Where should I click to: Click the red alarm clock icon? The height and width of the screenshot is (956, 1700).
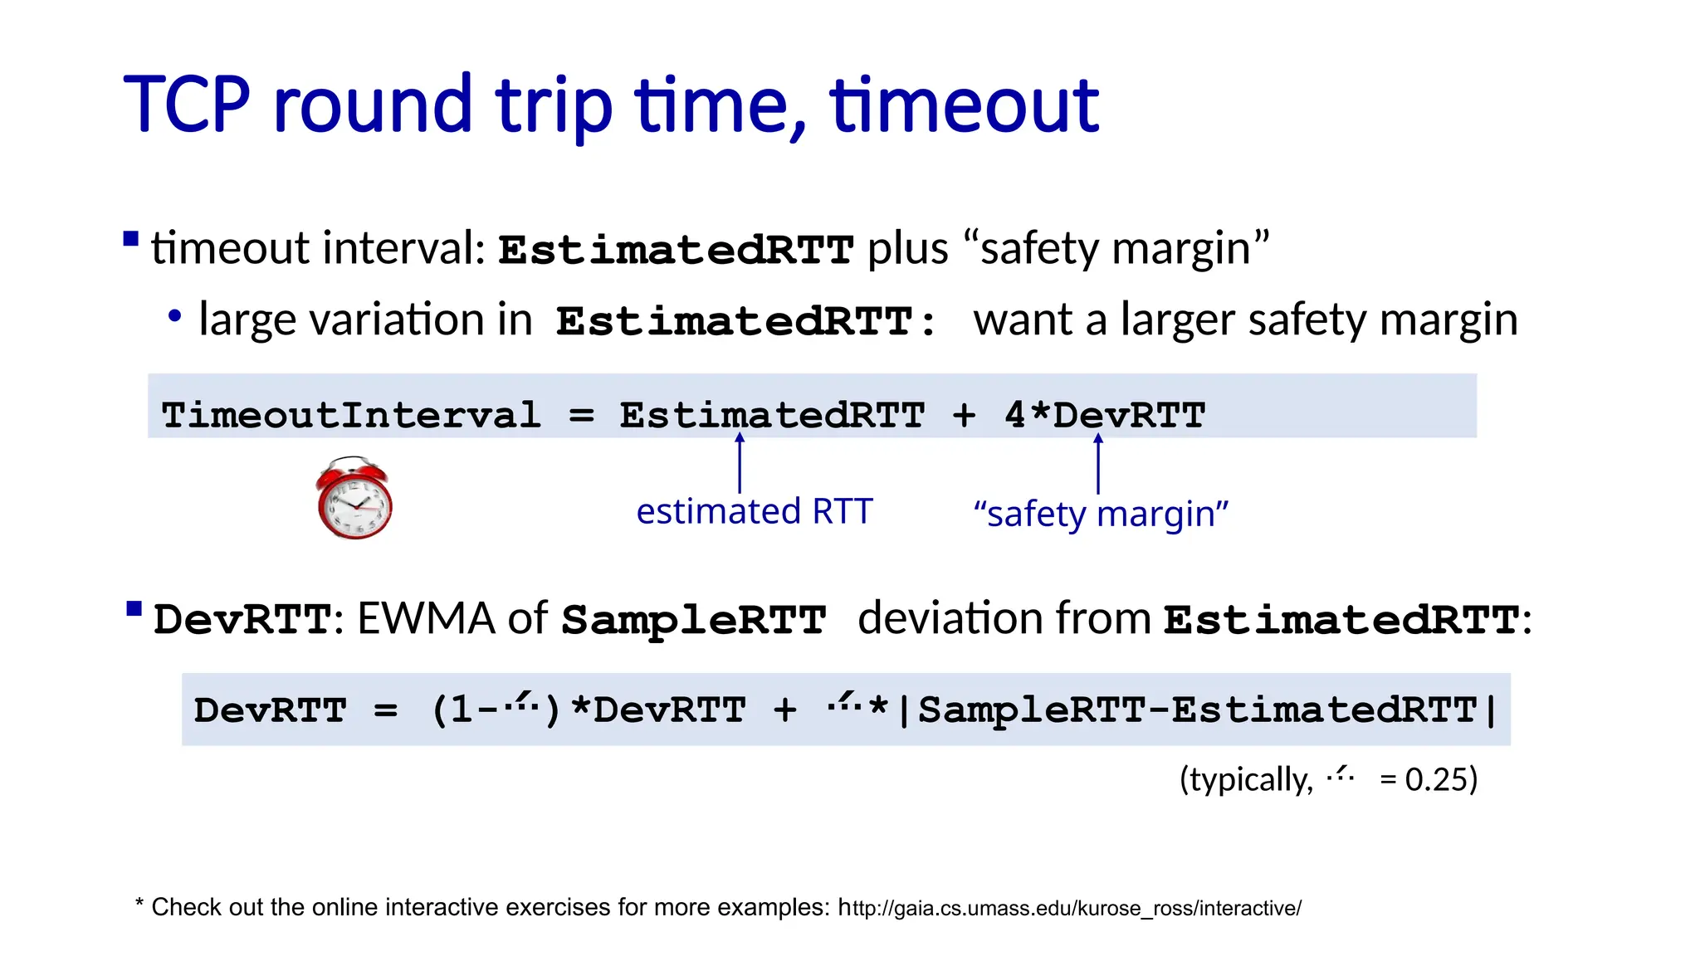tap(354, 499)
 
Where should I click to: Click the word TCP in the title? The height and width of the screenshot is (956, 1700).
tap(187, 105)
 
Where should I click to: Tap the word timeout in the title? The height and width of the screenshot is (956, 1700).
tap(965, 105)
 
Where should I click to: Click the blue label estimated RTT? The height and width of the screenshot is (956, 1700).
tap(754, 511)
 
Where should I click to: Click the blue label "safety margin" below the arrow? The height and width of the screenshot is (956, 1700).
tap(1101, 514)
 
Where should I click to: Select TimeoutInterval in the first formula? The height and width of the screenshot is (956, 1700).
tap(351, 415)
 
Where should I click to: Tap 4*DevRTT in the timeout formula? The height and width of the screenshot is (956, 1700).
tap(1105, 415)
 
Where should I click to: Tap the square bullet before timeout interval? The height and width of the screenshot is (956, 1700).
tap(131, 240)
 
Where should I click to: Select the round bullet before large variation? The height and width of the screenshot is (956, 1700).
tap(174, 316)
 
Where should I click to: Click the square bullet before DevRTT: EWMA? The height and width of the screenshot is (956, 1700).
tap(134, 610)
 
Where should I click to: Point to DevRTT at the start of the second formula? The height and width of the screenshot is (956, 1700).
tap(270, 710)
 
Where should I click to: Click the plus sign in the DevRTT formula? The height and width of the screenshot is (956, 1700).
tap(784, 710)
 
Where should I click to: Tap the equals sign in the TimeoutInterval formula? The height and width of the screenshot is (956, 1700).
tap(581, 415)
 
